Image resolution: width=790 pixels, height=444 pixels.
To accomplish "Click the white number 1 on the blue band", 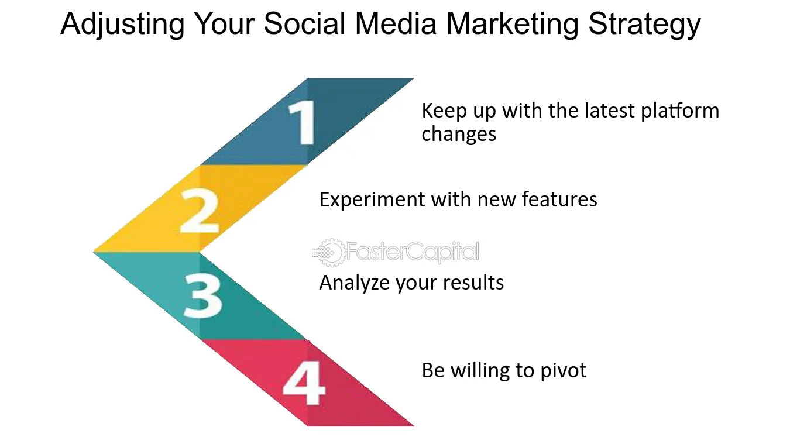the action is [302, 122].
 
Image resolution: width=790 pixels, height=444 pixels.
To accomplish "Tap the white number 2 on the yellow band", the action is [200, 211].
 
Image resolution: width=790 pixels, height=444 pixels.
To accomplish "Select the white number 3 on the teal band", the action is [203, 296].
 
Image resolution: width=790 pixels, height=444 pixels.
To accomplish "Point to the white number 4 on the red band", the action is [304, 383].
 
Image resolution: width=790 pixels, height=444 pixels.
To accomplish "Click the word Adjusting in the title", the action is [122, 24].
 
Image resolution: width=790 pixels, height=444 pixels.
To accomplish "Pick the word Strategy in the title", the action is [644, 24].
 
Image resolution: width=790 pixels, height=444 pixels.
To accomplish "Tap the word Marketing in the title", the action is [512, 24].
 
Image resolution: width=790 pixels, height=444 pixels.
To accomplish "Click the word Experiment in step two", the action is [372, 200].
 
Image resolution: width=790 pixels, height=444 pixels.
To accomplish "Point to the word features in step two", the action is [559, 199].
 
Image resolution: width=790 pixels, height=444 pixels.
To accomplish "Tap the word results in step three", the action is [473, 283].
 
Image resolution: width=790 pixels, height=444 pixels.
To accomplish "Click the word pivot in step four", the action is [564, 371].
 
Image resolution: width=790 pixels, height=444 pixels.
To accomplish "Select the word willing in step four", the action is [480, 371].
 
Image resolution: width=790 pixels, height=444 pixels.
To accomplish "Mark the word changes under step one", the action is [459, 135].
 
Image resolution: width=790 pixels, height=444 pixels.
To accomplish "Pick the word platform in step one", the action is [680, 111].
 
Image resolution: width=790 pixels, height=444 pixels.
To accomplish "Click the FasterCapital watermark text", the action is [413, 252].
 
